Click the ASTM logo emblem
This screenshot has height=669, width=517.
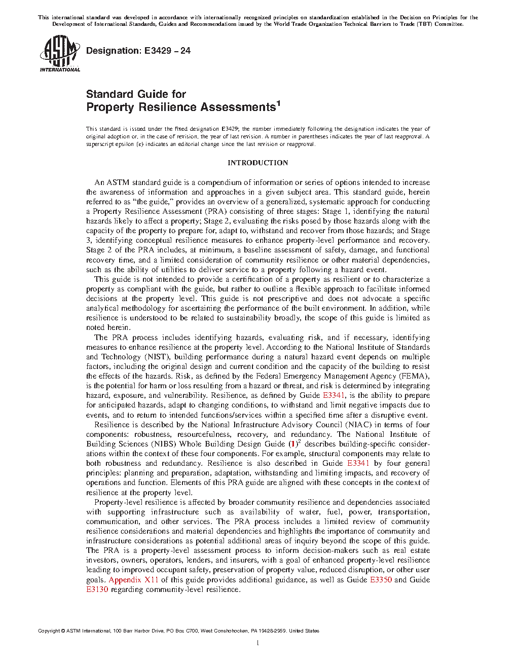pyautogui.click(x=60, y=51)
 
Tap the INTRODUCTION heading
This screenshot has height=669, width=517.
pyautogui.click(x=257, y=163)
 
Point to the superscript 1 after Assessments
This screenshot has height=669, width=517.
pyautogui.click(x=278, y=104)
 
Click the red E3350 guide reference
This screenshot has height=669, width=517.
pyautogui.click(x=381, y=580)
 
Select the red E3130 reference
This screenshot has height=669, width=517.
pyautogui.click(x=97, y=589)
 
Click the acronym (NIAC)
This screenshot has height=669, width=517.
pyautogui.click(x=357, y=425)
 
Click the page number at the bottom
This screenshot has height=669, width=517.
pyautogui.click(x=258, y=643)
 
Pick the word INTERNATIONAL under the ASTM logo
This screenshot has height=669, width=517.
pyautogui.click(x=60, y=69)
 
